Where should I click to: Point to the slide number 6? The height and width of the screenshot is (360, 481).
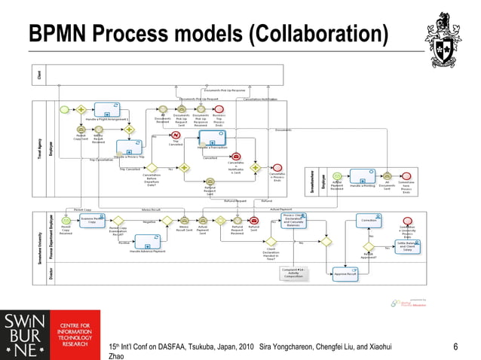coord(455,346)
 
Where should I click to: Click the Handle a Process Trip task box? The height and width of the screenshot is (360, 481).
coord(129,148)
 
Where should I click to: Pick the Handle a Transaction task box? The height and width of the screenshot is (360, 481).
coord(213,139)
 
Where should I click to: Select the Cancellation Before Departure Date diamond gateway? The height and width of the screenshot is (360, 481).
coord(152,168)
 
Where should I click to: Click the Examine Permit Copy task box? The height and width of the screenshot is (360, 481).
coord(91,220)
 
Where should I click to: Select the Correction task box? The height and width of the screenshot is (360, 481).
coord(369,220)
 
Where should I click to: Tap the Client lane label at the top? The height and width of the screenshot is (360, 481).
coord(39,75)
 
